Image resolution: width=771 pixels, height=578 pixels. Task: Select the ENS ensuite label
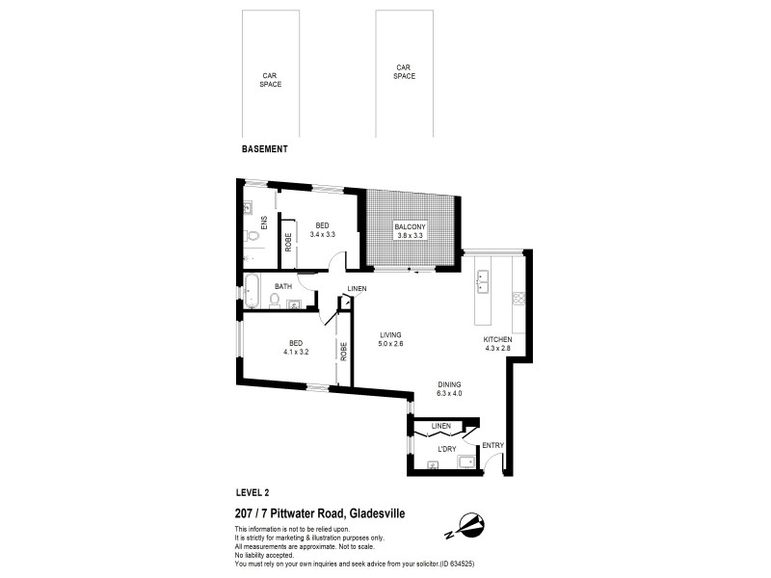[x=263, y=223]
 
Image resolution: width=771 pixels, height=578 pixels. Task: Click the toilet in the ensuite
[x=253, y=236]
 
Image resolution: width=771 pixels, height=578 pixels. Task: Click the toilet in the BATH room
[x=275, y=302]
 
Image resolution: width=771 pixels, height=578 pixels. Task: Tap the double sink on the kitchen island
[x=483, y=281]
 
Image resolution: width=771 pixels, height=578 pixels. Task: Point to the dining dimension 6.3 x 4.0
[x=450, y=392]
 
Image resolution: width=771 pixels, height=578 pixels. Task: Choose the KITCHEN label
[x=497, y=340]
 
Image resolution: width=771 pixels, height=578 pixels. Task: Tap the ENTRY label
[x=492, y=445]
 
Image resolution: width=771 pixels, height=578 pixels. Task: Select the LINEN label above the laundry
[x=441, y=425]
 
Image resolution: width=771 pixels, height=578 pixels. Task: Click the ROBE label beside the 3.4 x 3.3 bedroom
[x=286, y=240]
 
